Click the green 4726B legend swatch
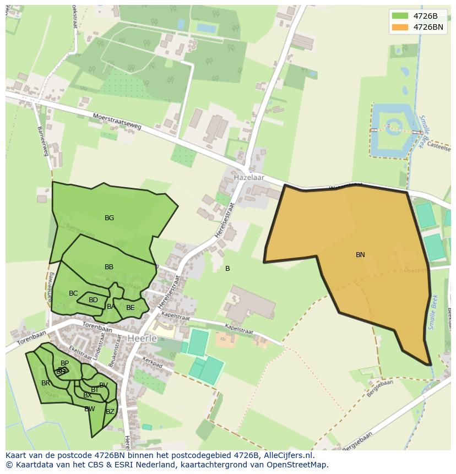[x=400, y=16]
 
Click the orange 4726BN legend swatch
[x=400, y=27]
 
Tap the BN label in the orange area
[x=360, y=255]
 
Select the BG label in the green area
[x=109, y=218]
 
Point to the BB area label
[x=109, y=267]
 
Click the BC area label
[x=73, y=293]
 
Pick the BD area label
[x=93, y=300]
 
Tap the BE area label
[x=130, y=308]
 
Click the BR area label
[x=46, y=383]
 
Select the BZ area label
[x=110, y=412]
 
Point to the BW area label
[x=89, y=409]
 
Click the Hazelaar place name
[x=249, y=178]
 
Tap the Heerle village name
[x=142, y=338]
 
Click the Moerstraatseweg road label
[x=117, y=122]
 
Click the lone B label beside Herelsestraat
[x=227, y=269]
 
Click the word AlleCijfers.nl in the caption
[x=287, y=455]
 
